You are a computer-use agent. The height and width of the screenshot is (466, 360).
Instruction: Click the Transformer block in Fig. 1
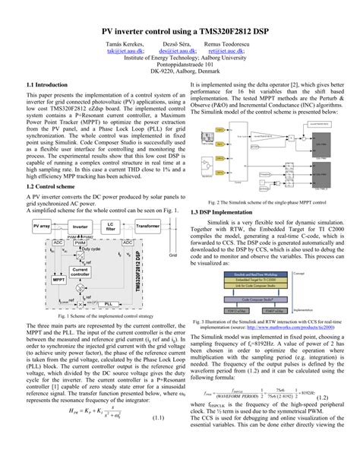(x=152, y=205)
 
